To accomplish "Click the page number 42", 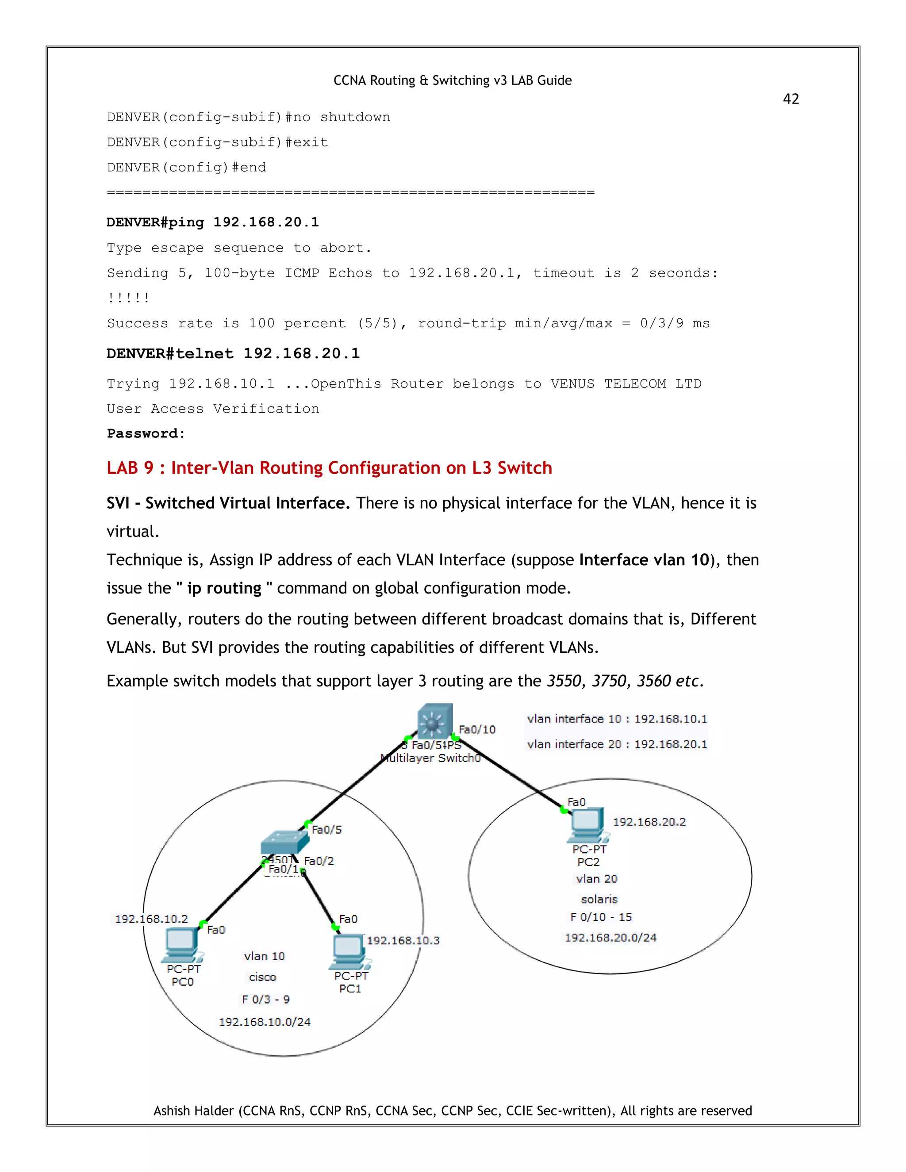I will pos(791,99).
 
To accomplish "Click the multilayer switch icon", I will pos(435,722).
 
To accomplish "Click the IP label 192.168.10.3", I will pos(403,940).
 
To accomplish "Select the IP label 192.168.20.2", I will pos(649,822).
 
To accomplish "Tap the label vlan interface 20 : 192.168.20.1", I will pos(617,744).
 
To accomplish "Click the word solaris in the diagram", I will pos(599,900).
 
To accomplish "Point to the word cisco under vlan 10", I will pos(262,977).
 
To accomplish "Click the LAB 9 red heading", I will pos(329,468).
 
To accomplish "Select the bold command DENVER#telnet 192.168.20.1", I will pos(233,354).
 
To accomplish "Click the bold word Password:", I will pos(146,433).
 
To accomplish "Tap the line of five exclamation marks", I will pos(128,298).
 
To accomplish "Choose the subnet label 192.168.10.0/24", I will pos(264,1022).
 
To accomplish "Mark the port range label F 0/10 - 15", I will pos(601,917).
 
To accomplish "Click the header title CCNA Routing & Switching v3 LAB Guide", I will pos(453,80).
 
